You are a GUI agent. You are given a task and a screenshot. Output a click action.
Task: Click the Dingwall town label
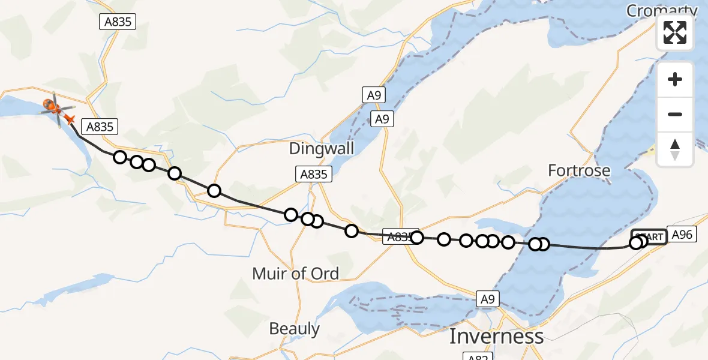click(x=322, y=148)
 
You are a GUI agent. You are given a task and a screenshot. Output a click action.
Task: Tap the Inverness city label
click(x=496, y=336)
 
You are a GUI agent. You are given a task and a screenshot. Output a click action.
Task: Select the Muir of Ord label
click(x=295, y=274)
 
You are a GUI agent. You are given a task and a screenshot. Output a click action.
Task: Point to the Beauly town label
click(x=294, y=329)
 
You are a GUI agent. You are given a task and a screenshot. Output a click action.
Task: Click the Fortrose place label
click(x=579, y=171)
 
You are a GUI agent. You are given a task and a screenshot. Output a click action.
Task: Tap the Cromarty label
click(x=662, y=11)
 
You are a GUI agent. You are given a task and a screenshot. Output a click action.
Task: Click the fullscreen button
click(x=675, y=32)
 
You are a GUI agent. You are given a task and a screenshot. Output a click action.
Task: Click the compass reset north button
click(x=675, y=149)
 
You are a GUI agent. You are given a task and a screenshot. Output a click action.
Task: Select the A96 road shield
click(x=682, y=235)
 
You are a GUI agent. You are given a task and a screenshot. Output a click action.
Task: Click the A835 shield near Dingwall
click(x=313, y=175)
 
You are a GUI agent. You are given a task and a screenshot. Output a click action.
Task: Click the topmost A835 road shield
click(x=118, y=22)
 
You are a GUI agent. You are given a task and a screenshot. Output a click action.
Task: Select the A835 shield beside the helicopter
click(x=100, y=127)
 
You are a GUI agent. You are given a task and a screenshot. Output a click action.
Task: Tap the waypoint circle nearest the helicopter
click(x=120, y=157)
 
